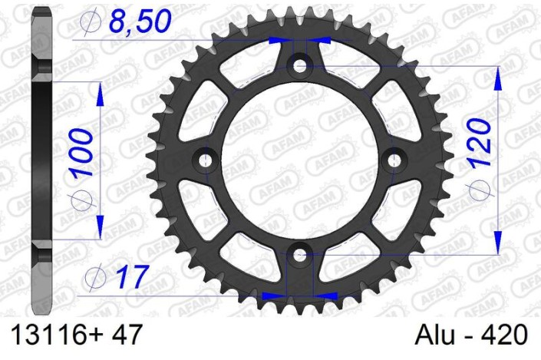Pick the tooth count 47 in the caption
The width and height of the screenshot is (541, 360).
[124, 335]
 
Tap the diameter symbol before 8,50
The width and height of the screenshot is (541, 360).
[88, 25]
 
